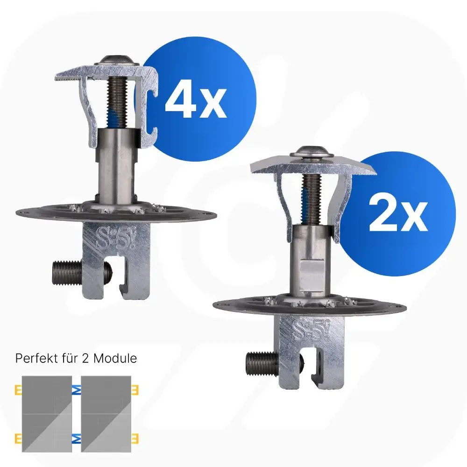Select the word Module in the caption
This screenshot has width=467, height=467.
pos(115,358)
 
